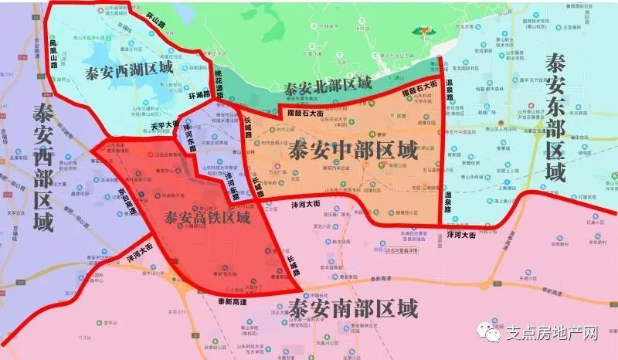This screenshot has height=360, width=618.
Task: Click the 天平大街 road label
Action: (x=165, y=125)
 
